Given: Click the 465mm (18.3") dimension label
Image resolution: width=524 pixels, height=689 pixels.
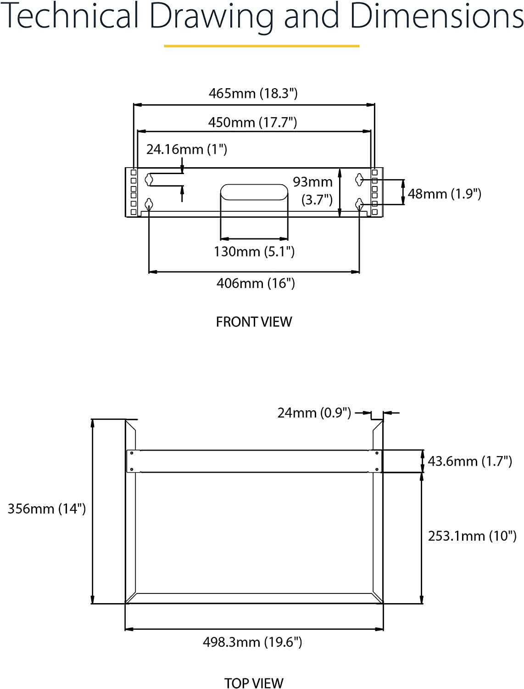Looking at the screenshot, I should [x=253, y=93].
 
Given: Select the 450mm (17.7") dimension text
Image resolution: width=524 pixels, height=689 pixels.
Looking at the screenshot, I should [x=252, y=122].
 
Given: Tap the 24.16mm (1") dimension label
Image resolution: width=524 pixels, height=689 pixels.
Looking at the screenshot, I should [x=187, y=149].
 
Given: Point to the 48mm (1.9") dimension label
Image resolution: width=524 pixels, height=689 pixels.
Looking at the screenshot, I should [x=444, y=194].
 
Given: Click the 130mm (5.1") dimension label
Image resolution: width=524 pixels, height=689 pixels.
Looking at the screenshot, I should [x=254, y=251].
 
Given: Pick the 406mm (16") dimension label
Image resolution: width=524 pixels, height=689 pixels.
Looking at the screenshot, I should [x=256, y=283].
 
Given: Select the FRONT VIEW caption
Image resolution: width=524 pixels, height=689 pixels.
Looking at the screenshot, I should [x=254, y=322].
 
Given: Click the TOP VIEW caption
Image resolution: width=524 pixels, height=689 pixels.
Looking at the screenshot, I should [x=254, y=683].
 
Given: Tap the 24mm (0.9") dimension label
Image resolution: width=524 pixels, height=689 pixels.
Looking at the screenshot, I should [x=314, y=412].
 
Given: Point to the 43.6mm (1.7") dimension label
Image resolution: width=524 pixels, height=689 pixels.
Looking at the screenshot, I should [x=470, y=461].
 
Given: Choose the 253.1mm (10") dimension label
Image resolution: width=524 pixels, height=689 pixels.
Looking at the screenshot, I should [x=472, y=536].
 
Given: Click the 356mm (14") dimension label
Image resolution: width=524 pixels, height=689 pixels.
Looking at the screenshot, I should [x=47, y=508].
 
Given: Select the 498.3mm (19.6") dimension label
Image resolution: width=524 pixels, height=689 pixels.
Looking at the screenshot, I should [x=252, y=642].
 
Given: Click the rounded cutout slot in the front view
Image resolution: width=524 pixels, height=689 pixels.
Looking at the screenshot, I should [x=254, y=192].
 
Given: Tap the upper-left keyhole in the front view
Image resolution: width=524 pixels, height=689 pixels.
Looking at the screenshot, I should [x=149, y=180].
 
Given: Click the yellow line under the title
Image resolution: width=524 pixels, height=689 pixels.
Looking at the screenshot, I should [x=262, y=46].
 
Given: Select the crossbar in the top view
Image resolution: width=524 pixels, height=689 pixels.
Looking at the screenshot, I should [x=254, y=461].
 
